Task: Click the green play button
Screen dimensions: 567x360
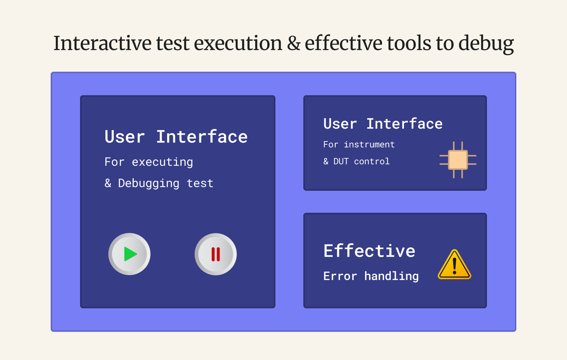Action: point(129,254)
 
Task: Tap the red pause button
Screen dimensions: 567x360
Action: point(216,254)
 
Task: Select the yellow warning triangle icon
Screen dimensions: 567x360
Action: point(455,265)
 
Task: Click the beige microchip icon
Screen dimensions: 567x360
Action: point(458,160)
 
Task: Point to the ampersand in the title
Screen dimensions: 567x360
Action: point(294,43)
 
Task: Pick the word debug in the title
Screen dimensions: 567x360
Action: point(486,44)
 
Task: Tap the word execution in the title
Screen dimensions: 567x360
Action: point(238,43)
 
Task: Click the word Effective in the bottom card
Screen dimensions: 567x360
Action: point(369,251)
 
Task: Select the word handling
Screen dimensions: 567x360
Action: point(391,276)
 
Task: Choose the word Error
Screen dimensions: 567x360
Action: point(340,276)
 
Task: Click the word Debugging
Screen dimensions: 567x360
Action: point(149,183)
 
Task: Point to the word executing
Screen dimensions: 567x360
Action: point(162,162)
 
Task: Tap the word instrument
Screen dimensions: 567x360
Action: point(369,145)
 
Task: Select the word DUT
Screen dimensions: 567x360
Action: point(341,161)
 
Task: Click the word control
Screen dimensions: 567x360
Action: point(372,161)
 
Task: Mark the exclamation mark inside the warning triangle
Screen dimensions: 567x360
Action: point(455,266)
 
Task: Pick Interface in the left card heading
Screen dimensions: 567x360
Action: point(202,137)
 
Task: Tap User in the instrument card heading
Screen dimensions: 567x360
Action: point(340,124)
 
